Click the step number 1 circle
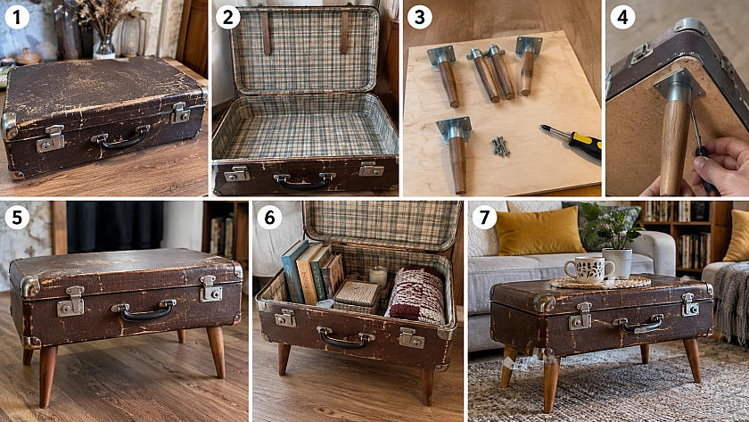[x=17, y=17]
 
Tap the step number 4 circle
[x=623, y=17]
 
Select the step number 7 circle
[x=484, y=218]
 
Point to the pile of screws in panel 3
[x=500, y=146]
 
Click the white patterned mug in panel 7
[x=589, y=269]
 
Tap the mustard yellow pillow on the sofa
[x=539, y=230]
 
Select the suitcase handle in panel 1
[x=120, y=138]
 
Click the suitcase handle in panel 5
[x=144, y=310]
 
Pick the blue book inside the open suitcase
[x=293, y=271]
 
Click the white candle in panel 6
[x=378, y=277]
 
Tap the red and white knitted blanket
[x=416, y=294]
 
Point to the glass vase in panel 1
[x=104, y=46]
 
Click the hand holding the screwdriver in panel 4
[x=717, y=166]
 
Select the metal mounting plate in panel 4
[x=679, y=85]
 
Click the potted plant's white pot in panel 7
[x=617, y=263]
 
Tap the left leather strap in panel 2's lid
[x=266, y=32]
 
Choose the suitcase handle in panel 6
[x=346, y=338]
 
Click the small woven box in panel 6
[x=357, y=296]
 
